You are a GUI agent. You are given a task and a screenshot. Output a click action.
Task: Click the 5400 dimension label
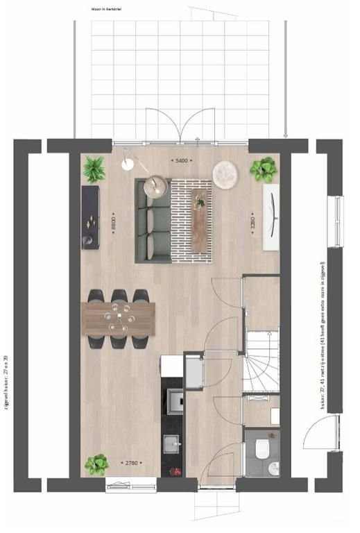coord(182,160)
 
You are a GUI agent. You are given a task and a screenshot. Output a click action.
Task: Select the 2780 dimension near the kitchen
coord(130,463)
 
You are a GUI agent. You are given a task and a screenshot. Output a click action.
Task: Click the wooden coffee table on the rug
coord(200,220)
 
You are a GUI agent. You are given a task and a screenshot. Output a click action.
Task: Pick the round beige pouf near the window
coord(225,174)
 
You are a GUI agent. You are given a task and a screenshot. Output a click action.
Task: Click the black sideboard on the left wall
coord(90,217)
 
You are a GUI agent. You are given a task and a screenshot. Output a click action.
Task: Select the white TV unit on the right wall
coord(271,217)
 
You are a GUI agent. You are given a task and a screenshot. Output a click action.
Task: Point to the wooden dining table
coord(119,319)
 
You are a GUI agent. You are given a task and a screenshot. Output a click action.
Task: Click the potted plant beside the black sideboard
coord(94,169)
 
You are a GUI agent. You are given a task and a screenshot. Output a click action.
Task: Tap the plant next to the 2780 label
coord(97,464)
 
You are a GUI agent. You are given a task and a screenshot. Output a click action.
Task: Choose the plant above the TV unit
coord(264,169)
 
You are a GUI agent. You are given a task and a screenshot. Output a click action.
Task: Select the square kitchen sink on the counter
coord(171,442)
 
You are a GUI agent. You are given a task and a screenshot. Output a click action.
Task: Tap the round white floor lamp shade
coord(127,164)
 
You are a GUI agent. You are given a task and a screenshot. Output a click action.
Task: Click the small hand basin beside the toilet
coord(273,466)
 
